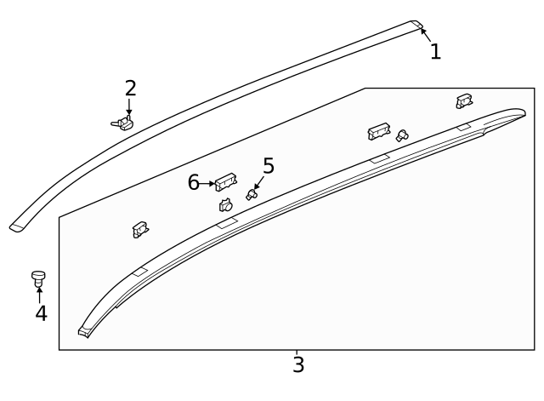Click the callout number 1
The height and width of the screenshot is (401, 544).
tap(435, 52)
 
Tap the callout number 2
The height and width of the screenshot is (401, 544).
tap(130, 89)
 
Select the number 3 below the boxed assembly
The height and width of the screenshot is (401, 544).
tap(297, 365)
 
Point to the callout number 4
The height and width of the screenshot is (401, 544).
tap(41, 313)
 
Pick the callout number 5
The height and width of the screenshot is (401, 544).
tap(269, 166)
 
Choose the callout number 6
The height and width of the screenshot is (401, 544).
tap(194, 182)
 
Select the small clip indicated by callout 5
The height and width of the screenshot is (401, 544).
tap(252, 194)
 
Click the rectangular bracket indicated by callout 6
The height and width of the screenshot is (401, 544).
tap(226, 180)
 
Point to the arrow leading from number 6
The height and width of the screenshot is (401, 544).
tap(207, 182)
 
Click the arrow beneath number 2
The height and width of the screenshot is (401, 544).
tap(129, 108)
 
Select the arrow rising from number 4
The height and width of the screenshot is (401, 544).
tap(39, 294)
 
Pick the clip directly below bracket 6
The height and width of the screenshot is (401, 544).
tap(226, 204)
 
